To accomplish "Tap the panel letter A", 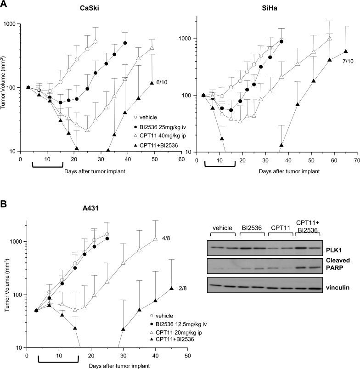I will click(x=4, y=4).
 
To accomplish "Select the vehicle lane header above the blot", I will click(x=223, y=228).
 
